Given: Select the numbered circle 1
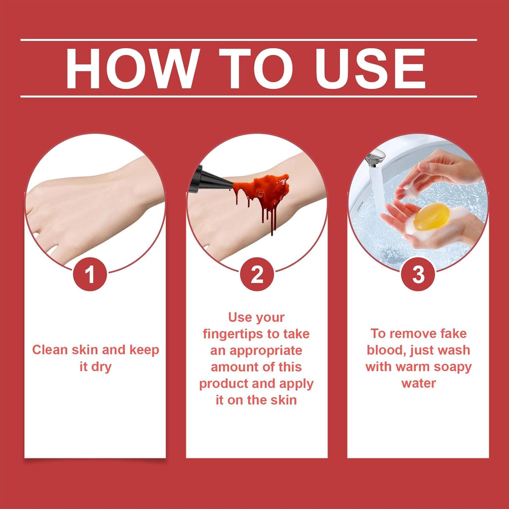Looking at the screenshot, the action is click(x=90, y=274).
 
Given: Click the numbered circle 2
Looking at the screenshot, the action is click(x=257, y=274).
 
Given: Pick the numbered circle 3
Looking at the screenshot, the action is click(x=418, y=274).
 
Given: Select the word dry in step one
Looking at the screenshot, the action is click(x=102, y=367).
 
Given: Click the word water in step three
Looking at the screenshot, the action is click(x=418, y=383).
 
